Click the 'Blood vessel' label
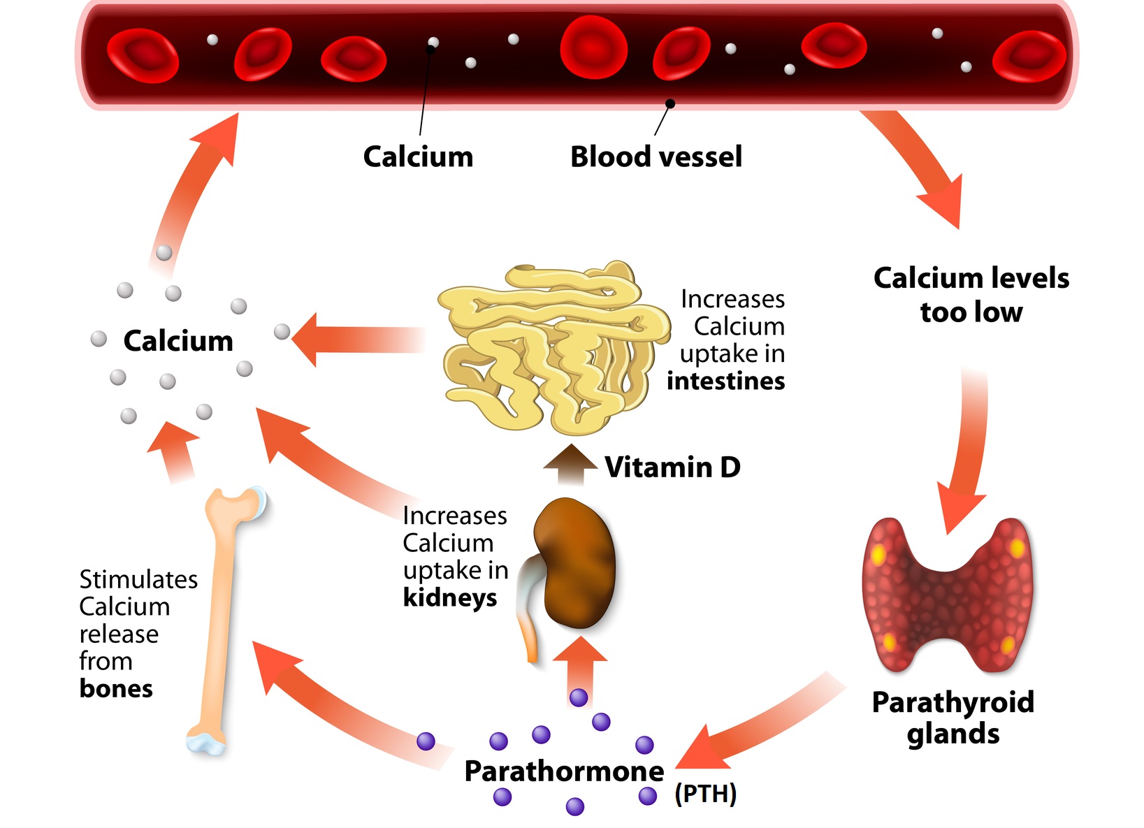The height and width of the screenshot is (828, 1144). (x=656, y=157)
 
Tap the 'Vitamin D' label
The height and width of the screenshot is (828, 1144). (x=672, y=467)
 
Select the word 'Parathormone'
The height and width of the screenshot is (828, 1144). (x=564, y=771)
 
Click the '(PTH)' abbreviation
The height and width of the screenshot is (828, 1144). (x=705, y=794)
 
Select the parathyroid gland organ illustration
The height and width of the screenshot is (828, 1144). (x=947, y=594)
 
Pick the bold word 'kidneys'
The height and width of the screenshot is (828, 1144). (x=449, y=598)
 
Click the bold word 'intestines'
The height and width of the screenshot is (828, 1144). (x=725, y=382)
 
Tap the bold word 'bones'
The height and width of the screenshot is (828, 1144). (x=116, y=689)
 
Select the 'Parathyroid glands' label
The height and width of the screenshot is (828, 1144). (x=953, y=718)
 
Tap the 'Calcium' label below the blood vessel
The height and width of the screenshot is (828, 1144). (x=418, y=157)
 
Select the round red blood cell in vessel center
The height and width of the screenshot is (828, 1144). (x=593, y=48)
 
